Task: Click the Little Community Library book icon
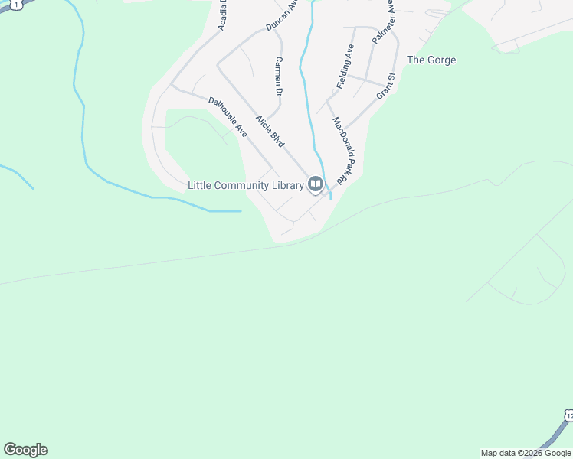coord(315,184)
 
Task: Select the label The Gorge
coord(431,60)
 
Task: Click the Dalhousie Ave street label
coord(228,117)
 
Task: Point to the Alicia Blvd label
coord(270,132)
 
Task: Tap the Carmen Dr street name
coord(280,76)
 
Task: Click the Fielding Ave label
coord(345,66)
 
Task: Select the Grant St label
coord(385,86)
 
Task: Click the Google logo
coord(25,450)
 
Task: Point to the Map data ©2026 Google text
coord(526,453)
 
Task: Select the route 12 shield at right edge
coord(568,415)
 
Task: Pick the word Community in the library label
coord(240,185)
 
